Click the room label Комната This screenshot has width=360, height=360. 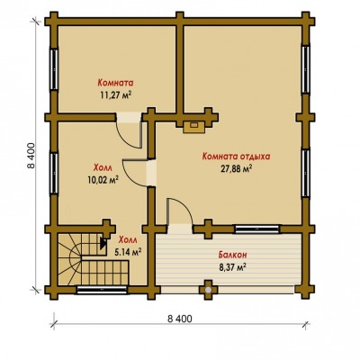click(x=115, y=82)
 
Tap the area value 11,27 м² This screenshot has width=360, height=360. click(x=116, y=95)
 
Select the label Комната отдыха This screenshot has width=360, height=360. click(x=237, y=157)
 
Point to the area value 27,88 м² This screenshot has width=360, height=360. click(x=236, y=169)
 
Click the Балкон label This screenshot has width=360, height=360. click(x=232, y=255)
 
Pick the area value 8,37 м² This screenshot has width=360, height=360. click(x=233, y=267)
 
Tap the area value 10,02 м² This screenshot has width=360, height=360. click(x=103, y=179)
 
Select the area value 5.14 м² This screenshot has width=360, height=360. click(x=128, y=252)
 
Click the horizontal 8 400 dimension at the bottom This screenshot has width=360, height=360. click(x=180, y=319)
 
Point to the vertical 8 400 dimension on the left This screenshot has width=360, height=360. click(x=31, y=156)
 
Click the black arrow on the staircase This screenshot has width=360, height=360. click(x=103, y=243)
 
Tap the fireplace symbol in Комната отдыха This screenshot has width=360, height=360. click(x=194, y=126)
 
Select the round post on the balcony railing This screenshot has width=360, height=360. click(x=207, y=290)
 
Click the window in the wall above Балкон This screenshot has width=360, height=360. click(x=256, y=229)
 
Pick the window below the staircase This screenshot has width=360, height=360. click(x=102, y=290)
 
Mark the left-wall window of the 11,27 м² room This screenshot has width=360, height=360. click(x=54, y=69)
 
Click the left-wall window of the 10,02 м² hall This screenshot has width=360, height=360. click(x=54, y=174)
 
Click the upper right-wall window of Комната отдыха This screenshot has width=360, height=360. click(x=306, y=69)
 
